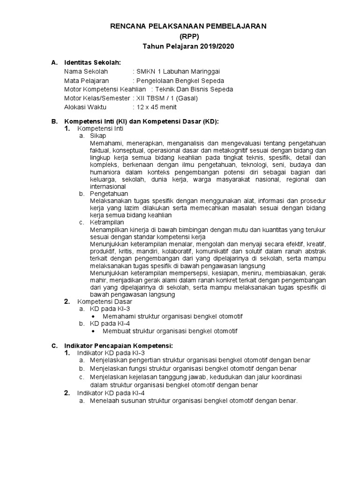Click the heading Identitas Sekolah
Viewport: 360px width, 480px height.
tap(92, 62)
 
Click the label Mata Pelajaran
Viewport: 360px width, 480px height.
tap(89, 80)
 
